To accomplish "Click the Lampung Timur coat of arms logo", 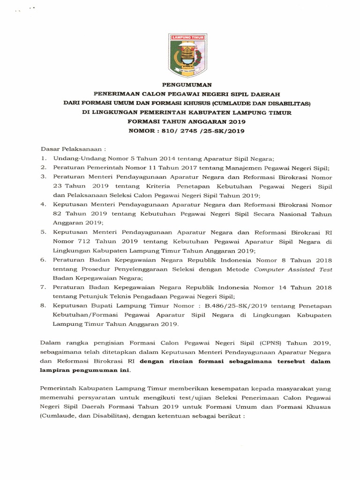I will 180,54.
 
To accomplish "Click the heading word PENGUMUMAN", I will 180,85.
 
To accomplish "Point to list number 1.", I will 43,159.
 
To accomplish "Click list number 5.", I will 43,232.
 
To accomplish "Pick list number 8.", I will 43,305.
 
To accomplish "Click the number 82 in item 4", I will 58,214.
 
